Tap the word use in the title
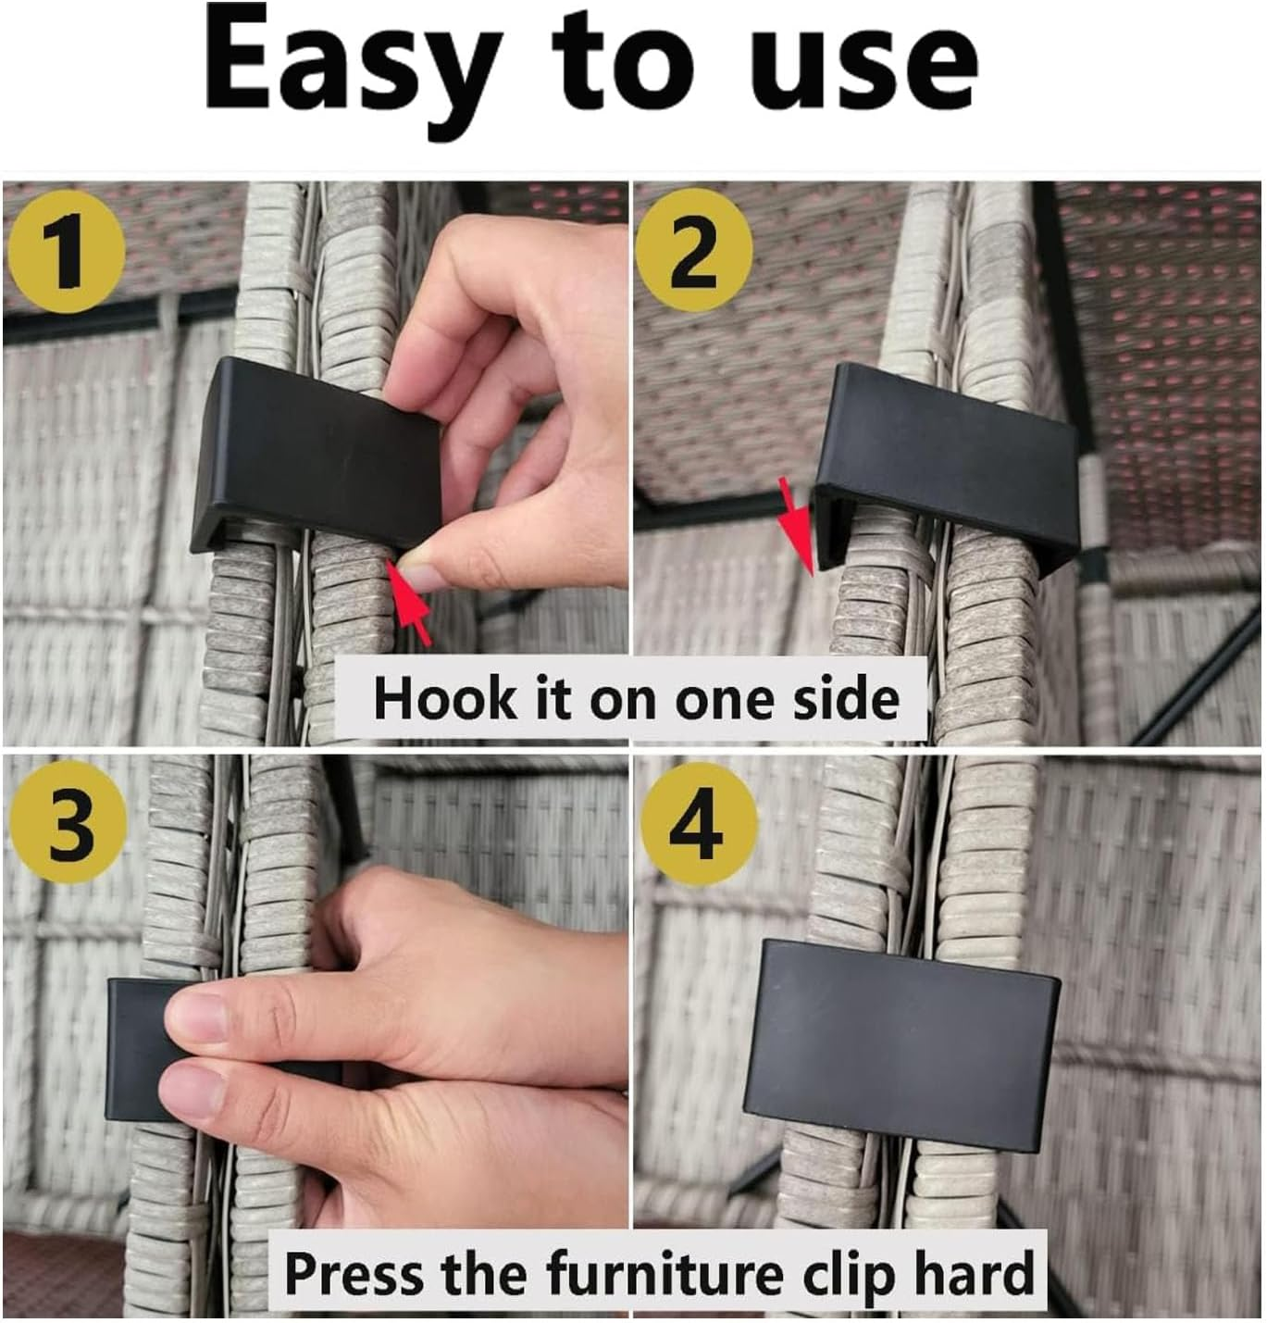863,76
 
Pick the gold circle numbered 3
66,822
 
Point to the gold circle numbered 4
698,822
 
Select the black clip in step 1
317,456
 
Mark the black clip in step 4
902,1047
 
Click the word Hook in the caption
444,698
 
